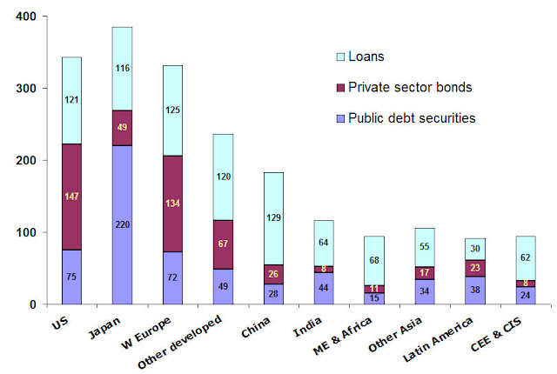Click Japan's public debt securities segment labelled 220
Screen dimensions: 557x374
(122, 224)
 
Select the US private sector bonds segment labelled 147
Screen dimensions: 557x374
(71, 197)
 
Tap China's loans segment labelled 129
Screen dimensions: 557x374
(273, 218)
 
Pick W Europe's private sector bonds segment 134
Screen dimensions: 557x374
(172, 204)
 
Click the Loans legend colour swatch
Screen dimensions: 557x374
(340, 57)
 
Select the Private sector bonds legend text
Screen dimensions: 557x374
(410, 87)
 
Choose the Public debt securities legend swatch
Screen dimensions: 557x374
(340, 118)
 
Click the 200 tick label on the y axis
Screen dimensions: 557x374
(26, 160)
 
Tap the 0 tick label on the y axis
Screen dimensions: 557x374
(33, 304)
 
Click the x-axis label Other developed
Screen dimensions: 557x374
(180, 342)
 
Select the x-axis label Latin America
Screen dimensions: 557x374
(438, 339)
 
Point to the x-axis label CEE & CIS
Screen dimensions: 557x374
(496, 334)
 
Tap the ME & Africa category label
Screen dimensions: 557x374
(342, 336)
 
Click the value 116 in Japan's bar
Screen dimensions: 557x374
(123, 68)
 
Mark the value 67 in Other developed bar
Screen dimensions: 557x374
(223, 244)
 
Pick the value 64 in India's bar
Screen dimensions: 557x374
(323, 243)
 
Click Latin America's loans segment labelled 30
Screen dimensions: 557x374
(475, 249)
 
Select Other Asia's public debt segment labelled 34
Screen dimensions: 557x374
(425, 292)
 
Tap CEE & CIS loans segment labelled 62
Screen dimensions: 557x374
(526, 258)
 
